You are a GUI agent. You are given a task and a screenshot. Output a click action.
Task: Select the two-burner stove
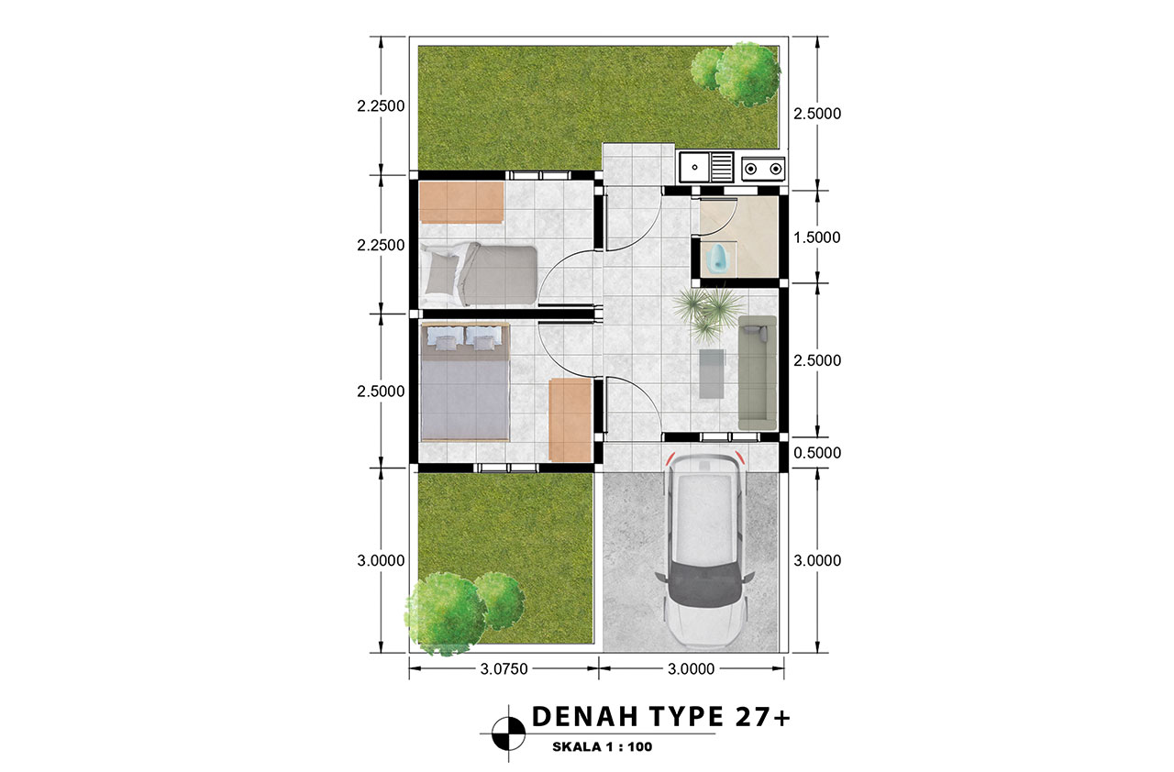(x=763, y=169)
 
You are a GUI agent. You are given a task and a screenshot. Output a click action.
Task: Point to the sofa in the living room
(x=758, y=372)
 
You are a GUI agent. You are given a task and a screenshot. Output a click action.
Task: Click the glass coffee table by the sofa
(x=713, y=373)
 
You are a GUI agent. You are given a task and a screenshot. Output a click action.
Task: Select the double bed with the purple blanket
(x=465, y=381)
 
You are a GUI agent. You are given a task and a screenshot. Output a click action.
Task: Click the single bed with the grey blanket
(x=479, y=274)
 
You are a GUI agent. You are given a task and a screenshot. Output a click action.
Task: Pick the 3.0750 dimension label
(x=504, y=668)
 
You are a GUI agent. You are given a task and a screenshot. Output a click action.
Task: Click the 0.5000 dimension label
(x=817, y=453)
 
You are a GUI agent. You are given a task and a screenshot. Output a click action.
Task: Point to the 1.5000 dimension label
(x=816, y=237)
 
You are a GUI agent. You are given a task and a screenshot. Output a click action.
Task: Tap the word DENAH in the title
(x=584, y=716)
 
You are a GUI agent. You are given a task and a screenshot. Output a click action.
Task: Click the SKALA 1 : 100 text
(x=603, y=747)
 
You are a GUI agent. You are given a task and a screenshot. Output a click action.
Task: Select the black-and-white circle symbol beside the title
(x=508, y=733)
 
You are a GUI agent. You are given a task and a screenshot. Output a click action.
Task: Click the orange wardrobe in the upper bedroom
(x=461, y=202)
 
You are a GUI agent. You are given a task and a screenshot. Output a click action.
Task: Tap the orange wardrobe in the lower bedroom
(x=570, y=420)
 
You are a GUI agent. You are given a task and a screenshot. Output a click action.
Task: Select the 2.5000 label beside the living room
(x=817, y=360)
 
